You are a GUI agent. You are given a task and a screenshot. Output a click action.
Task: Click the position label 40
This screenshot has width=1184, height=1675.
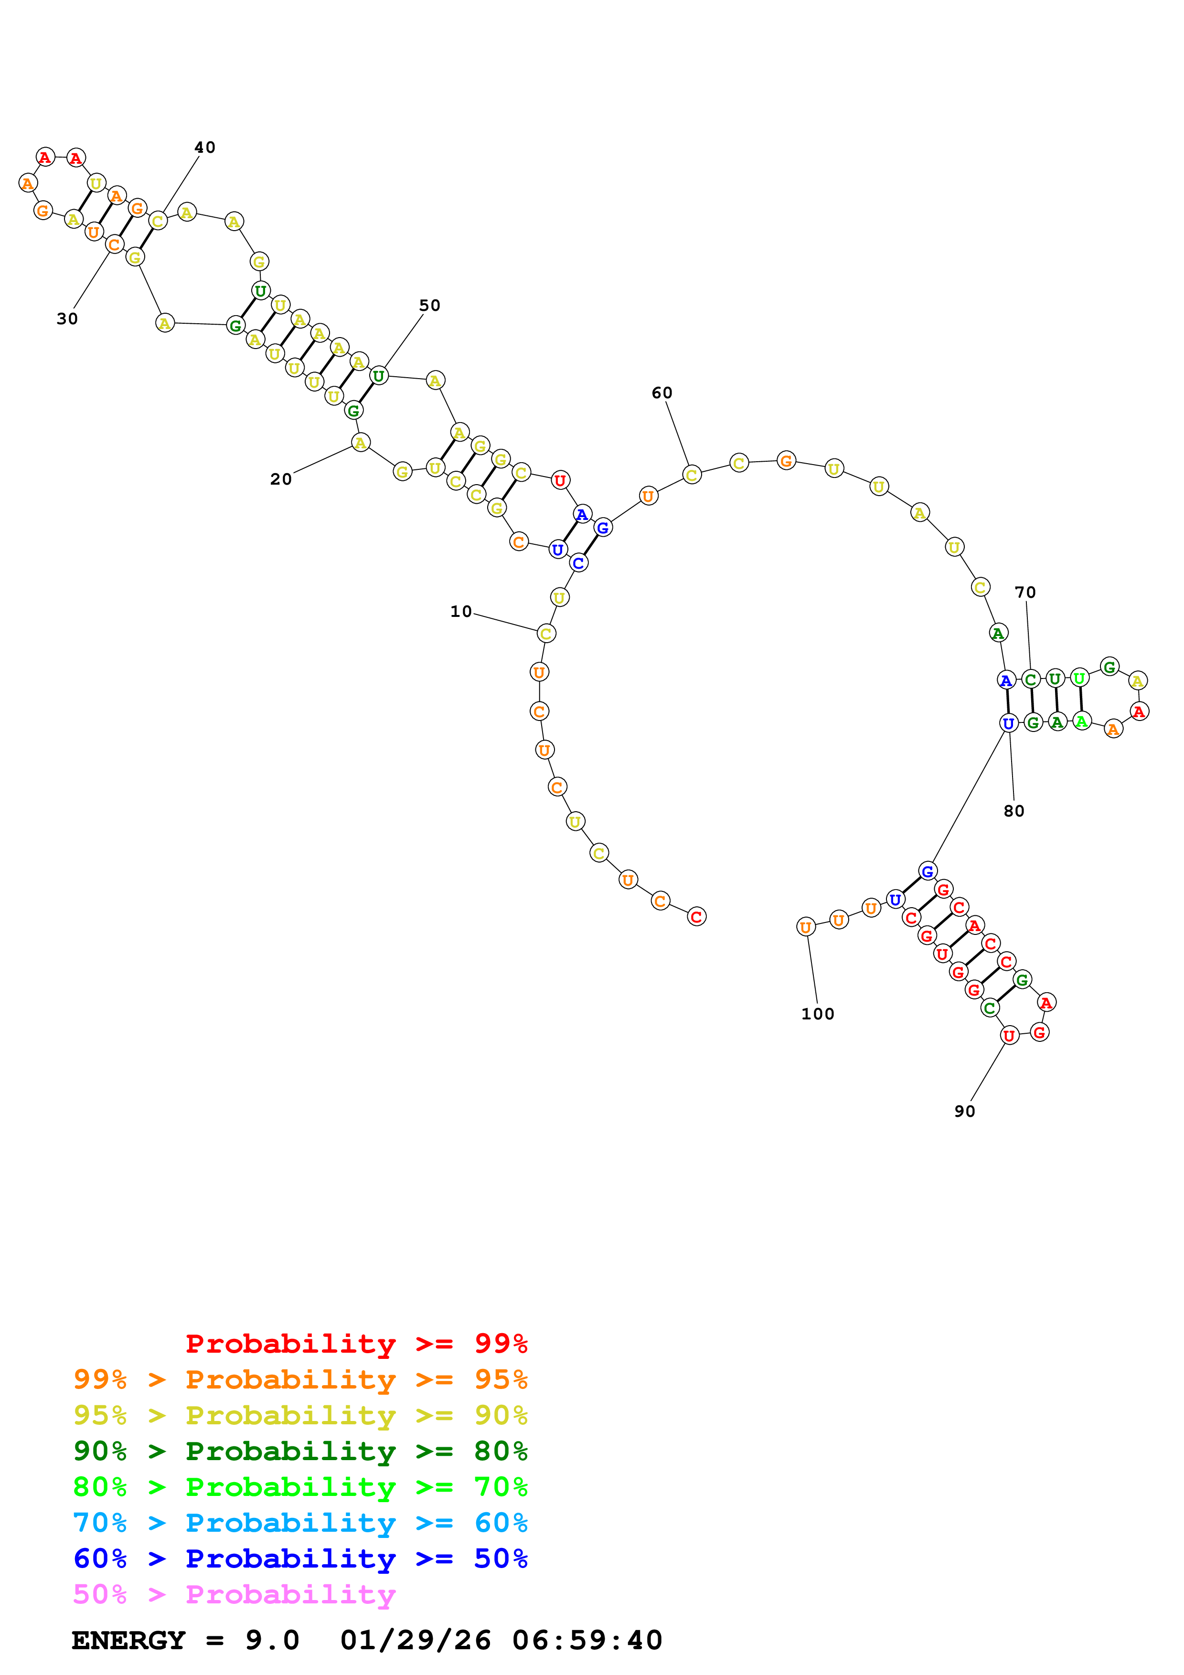click(x=205, y=148)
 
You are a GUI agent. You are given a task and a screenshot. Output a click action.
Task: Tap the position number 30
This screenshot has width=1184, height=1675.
click(x=67, y=319)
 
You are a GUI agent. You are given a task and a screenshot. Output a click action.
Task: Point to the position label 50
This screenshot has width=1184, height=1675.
click(x=430, y=306)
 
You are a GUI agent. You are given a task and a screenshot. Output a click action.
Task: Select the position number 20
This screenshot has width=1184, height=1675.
click(x=281, y=479)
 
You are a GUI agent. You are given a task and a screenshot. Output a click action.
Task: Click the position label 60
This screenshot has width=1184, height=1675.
click(x=661, y=393)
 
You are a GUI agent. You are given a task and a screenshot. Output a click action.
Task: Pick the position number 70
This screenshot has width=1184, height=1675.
click(x=1025, y=593)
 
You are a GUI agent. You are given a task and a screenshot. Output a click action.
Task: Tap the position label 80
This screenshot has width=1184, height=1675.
click(x=1013, y=811)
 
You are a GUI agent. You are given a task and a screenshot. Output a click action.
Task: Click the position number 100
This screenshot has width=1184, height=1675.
click(x=817, y=1014)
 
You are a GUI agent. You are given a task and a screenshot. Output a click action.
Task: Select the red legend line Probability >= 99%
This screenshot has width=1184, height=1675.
click(x=356, y=1343)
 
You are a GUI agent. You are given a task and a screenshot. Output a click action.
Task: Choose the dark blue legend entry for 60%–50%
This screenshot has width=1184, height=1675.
click(x=300, y=1558)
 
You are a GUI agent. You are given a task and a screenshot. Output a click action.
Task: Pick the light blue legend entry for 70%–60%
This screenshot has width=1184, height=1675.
click(x=300, y=1523)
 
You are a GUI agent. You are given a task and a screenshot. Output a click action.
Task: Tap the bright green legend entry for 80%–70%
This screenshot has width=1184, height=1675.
click(x=300, y=1487)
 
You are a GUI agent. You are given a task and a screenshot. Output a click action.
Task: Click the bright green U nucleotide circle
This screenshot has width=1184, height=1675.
click(x=1079, y=678)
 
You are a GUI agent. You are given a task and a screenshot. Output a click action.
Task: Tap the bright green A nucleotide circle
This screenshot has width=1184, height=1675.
click(x=1081, y=721)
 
